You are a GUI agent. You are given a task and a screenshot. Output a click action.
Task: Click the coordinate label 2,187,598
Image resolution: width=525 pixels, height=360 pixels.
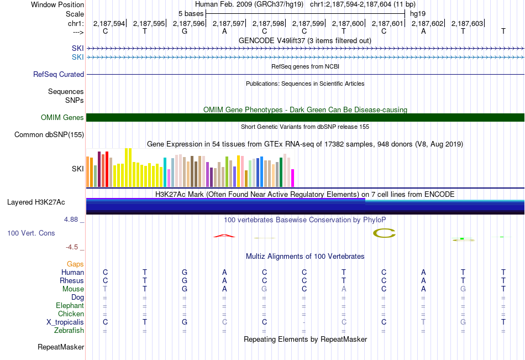[x=268, y=23]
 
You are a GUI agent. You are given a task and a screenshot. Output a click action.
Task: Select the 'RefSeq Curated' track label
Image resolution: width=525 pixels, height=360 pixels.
[x=58, y=75]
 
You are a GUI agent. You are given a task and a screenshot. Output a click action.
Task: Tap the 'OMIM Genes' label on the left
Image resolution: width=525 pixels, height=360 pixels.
[x=62, y=117]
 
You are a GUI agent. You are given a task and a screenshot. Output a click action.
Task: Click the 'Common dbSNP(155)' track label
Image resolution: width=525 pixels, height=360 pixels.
[x=49, y=135]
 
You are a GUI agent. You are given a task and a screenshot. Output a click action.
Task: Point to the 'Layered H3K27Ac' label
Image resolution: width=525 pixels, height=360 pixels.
[x=36, y=202]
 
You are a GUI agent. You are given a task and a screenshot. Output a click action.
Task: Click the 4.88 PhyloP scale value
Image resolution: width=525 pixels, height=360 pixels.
[x=71, y=219]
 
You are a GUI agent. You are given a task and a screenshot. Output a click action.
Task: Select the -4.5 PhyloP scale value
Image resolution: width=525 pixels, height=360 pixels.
[x=72, y=247]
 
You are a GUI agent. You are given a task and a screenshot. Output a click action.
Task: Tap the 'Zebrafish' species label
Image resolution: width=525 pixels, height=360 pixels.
[x=69, y=331]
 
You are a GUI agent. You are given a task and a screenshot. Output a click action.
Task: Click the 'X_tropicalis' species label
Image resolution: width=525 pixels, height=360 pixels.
[x=65, y=322]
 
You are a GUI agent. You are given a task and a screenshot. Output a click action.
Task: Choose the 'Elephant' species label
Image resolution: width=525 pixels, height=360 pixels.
[x=70, y=305]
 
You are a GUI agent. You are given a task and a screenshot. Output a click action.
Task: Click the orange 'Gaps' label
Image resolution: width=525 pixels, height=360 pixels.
[x=75, y=264]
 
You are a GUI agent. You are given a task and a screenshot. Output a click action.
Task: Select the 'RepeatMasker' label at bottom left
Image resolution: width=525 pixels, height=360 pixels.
[x=61, y=347]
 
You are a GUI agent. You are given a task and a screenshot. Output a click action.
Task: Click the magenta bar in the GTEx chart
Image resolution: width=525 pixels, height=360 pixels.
[x=293, y=178]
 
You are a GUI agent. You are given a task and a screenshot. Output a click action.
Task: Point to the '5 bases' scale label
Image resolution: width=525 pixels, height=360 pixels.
[x=191, y=14]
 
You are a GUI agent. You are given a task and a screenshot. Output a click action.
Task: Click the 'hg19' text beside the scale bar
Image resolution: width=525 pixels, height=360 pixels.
[x=418, y=14]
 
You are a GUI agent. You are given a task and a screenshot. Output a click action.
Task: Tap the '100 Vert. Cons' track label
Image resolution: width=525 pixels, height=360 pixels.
[x=31, y=233]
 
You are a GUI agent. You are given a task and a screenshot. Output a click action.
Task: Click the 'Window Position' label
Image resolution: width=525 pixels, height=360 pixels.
[x=57, y=4]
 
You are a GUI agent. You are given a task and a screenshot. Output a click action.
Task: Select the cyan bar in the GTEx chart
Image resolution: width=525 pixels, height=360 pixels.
[x=165, y=172]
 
